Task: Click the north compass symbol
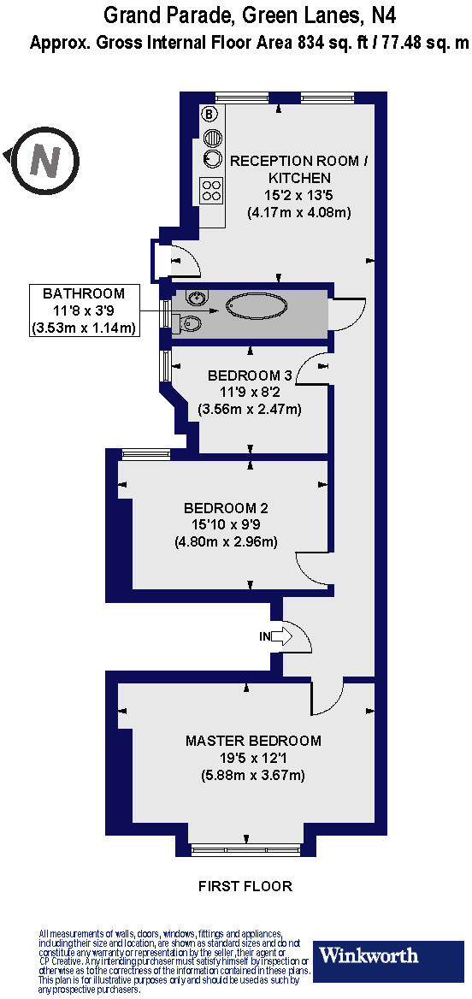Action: pos(45,159)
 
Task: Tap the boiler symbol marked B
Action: pos(208,114)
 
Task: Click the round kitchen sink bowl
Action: pos(211,158)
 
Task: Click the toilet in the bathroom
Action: pos(189,322)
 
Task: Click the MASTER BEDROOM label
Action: pos(252,741)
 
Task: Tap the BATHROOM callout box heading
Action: pos(84,293)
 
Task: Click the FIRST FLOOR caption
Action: pos(245,886)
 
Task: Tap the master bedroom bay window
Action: pos(245,848)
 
